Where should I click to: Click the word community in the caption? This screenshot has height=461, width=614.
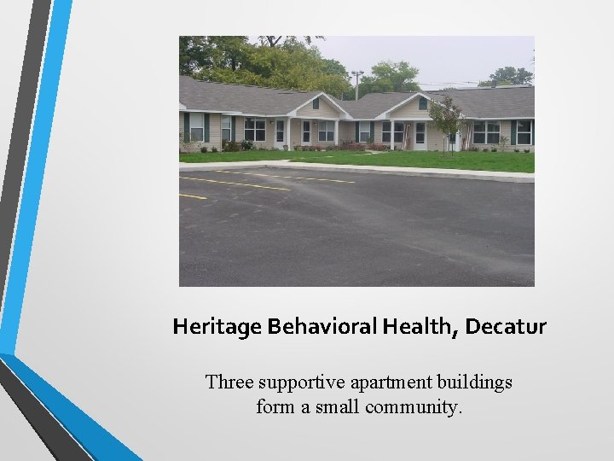pos(414,407)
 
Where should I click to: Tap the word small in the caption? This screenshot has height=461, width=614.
pos(339,407)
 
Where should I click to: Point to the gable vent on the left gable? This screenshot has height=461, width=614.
pos(316,103)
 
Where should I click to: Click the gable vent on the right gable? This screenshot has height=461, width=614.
pos(422,103)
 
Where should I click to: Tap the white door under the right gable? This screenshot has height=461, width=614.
pos(420,135)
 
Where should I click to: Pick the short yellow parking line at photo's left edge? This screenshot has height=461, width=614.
pos(192,196)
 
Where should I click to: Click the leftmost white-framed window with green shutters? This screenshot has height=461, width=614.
pos(197,127)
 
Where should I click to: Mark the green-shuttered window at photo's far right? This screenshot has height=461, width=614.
pos(523,131)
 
